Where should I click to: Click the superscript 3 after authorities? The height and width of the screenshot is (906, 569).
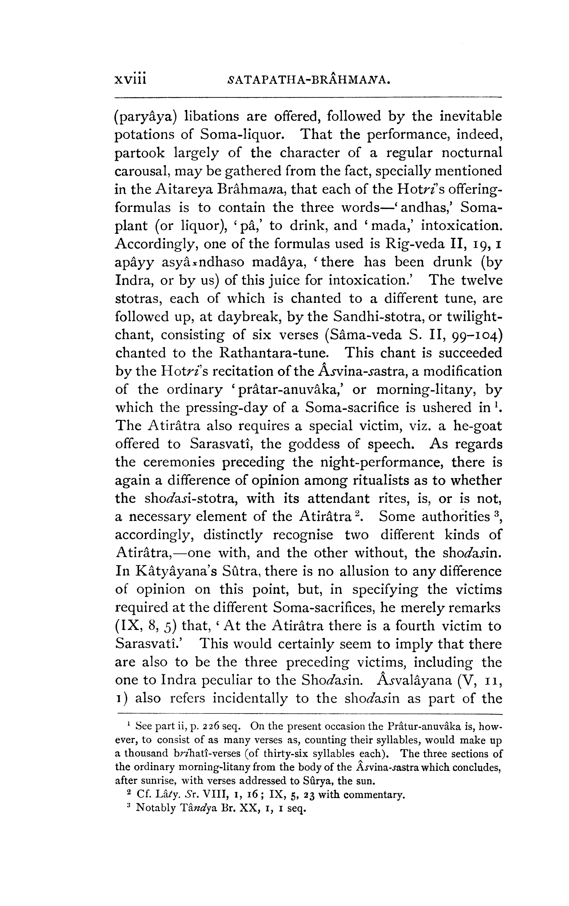(497, 513)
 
